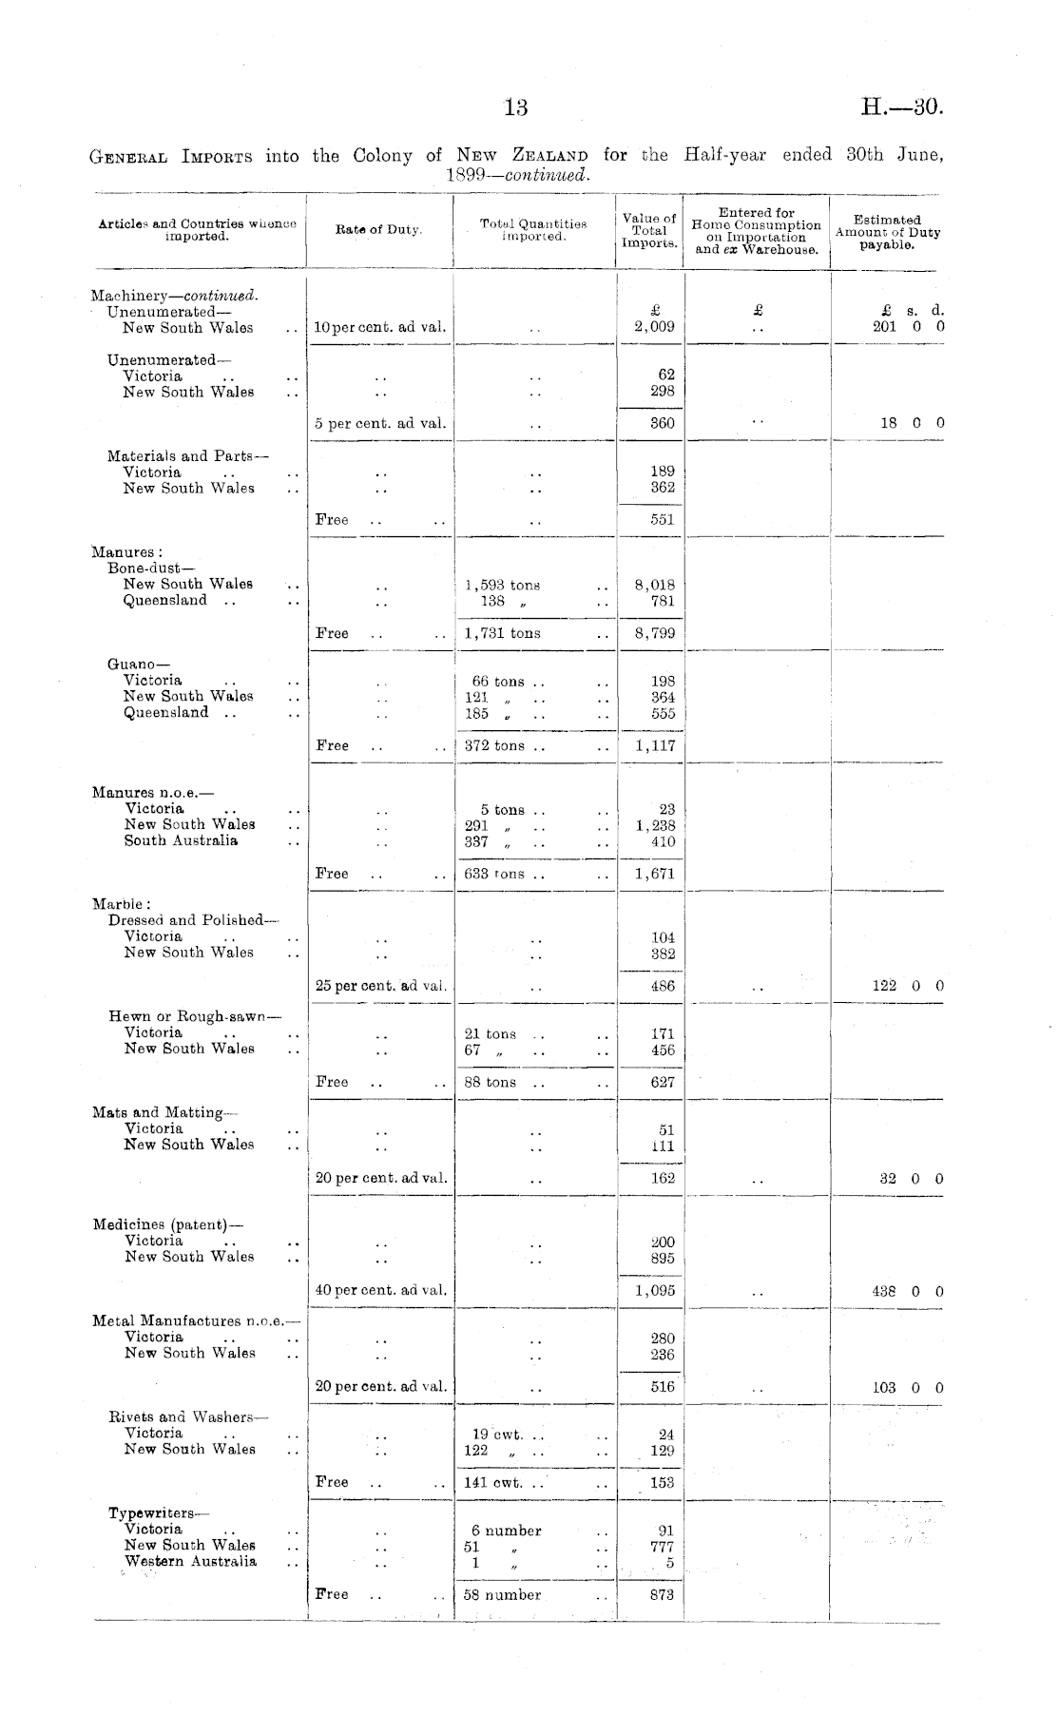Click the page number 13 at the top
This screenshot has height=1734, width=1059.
(515, 107)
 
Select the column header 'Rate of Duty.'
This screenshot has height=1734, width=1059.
(378, 229)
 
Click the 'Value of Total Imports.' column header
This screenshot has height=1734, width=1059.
(649, 230)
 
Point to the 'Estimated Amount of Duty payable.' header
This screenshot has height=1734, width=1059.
(887, 232)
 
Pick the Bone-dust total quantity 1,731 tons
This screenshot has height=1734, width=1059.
(503, 633)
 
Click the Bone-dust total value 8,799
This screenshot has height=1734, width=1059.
(655, 633)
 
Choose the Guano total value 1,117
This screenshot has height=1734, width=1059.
(655, 746)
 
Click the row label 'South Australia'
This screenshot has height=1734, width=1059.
(181, 840)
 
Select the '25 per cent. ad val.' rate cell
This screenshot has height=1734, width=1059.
(380, 986)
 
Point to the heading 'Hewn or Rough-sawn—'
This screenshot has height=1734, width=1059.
(195, 1016)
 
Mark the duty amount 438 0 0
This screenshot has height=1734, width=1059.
(907, 1291)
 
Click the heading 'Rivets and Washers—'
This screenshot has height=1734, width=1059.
(188, 1416)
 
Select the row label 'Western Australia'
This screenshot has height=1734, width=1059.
(190, 1561)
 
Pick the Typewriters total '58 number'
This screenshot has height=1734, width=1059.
(503, 1594)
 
